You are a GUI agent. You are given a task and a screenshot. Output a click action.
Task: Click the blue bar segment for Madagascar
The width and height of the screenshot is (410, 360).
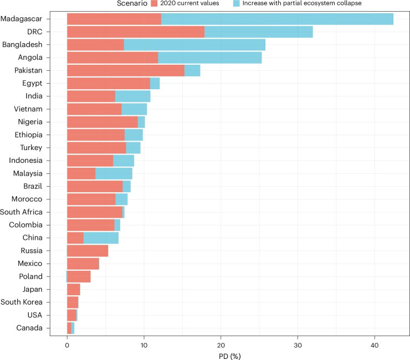point(277,19)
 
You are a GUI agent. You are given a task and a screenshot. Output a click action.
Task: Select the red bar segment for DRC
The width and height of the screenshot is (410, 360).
point(136,32)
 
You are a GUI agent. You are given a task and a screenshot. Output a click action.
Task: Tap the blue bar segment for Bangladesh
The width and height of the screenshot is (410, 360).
point(194,44)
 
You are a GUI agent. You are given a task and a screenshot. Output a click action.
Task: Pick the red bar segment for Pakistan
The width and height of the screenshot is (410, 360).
point(126,70)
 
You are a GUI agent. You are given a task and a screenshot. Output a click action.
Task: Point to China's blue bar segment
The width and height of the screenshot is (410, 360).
point(101,238)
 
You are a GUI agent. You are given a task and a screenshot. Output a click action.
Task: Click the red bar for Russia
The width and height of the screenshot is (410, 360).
point(88,250)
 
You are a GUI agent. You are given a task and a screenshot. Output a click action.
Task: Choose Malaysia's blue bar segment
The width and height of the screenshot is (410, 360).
point(114,173)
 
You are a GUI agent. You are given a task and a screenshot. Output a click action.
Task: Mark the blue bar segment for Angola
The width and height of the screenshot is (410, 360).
point(209,58)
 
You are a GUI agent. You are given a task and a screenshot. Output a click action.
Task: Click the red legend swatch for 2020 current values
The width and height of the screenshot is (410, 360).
point(154,3)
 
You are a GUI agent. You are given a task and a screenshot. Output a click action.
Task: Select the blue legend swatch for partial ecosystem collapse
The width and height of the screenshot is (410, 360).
point(237,3)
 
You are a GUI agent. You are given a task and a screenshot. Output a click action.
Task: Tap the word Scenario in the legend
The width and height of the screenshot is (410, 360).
point(132,3)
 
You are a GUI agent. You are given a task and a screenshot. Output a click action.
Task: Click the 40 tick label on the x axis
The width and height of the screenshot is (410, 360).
point(375,346)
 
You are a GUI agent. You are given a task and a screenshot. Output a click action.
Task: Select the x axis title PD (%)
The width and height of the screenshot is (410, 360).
point(229,356)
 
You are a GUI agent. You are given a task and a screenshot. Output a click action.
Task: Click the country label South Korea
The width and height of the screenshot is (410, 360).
point(22,302)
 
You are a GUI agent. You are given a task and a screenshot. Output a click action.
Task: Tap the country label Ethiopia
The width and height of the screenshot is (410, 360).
point(28,135)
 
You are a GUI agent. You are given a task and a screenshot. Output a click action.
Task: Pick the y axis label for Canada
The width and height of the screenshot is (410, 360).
point(29,328)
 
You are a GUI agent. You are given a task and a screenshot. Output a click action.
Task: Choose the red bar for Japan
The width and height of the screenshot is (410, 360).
point(74,289)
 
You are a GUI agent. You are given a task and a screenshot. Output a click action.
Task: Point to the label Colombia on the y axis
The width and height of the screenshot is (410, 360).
point(25,225)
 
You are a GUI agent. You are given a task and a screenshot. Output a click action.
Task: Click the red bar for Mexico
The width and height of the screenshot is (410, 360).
point(83,264)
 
